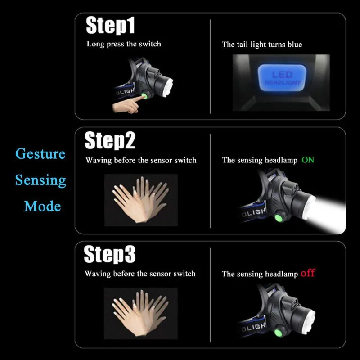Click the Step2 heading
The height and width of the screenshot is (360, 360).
pyautogui.click(x=110, y=141)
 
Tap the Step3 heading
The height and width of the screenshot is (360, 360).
pyautogui.click(x=110, y=255)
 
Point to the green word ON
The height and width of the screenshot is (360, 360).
pyautogui.click(x=308, y=160)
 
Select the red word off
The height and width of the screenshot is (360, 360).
pyautogui.click(x=308, y=273)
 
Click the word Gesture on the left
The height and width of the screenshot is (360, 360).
pyautogui.click(x=40, y=154)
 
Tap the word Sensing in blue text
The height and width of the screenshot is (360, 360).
pyautogui.click(x=40, y=180)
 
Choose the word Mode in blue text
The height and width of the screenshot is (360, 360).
pyautogui.click(x=42, y=207)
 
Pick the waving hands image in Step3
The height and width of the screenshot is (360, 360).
pyautogui.click(x=141, y=313)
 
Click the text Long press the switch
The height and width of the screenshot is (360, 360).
pyautogui.click(x=124, y=44)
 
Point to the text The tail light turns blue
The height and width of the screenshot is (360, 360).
pyautogui.click(x=262, y=45)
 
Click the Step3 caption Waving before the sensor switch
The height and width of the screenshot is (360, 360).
pyautogui.click(x=140, y=274)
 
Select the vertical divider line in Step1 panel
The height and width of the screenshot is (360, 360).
pyautogui.click(x=210, y=67)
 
